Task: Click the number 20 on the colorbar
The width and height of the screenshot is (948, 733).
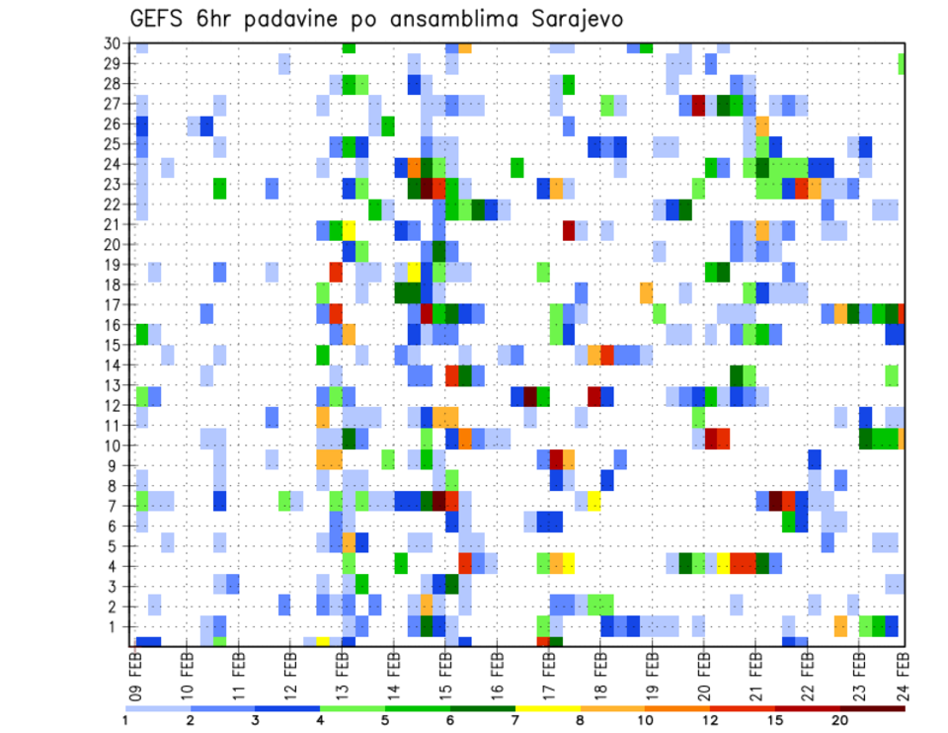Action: point(840,719)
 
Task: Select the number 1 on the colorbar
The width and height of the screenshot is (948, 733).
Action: point(124,719)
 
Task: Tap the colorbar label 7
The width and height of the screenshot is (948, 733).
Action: point(514,719)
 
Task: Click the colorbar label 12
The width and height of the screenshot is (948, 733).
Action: point(710,719)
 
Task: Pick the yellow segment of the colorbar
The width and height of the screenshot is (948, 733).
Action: point(547,707)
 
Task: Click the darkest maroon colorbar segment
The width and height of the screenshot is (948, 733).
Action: point(873,707)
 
